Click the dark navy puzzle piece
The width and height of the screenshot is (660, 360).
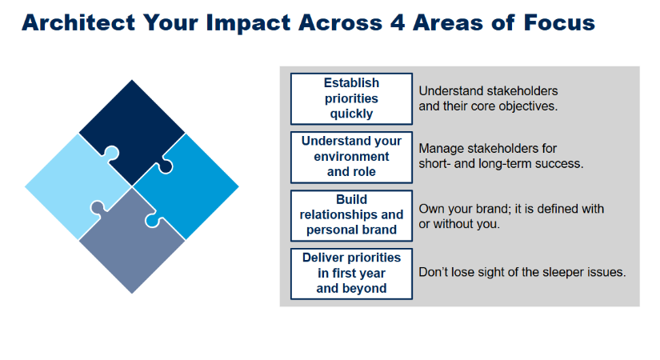[x=132, y=126]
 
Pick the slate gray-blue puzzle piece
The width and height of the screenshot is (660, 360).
[x=132, y=249]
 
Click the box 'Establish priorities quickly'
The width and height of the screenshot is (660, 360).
[x=351, y=99]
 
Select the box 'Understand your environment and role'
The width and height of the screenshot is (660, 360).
[x=351, y=157]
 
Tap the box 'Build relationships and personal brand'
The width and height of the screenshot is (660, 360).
[x=351, y=215]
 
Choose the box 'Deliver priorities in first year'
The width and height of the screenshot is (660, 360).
[x=351, y=274]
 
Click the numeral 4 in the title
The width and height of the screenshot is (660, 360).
[x=398, y=22]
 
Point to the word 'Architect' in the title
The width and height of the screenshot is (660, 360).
[x=78, y=22]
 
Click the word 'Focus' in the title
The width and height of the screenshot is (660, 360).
[x=559, y=22]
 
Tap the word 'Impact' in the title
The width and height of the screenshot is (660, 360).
[x=248, y=23]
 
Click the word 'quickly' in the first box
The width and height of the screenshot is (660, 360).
[x=351, y=114]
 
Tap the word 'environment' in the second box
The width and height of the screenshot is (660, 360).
[x=351, y=157]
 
